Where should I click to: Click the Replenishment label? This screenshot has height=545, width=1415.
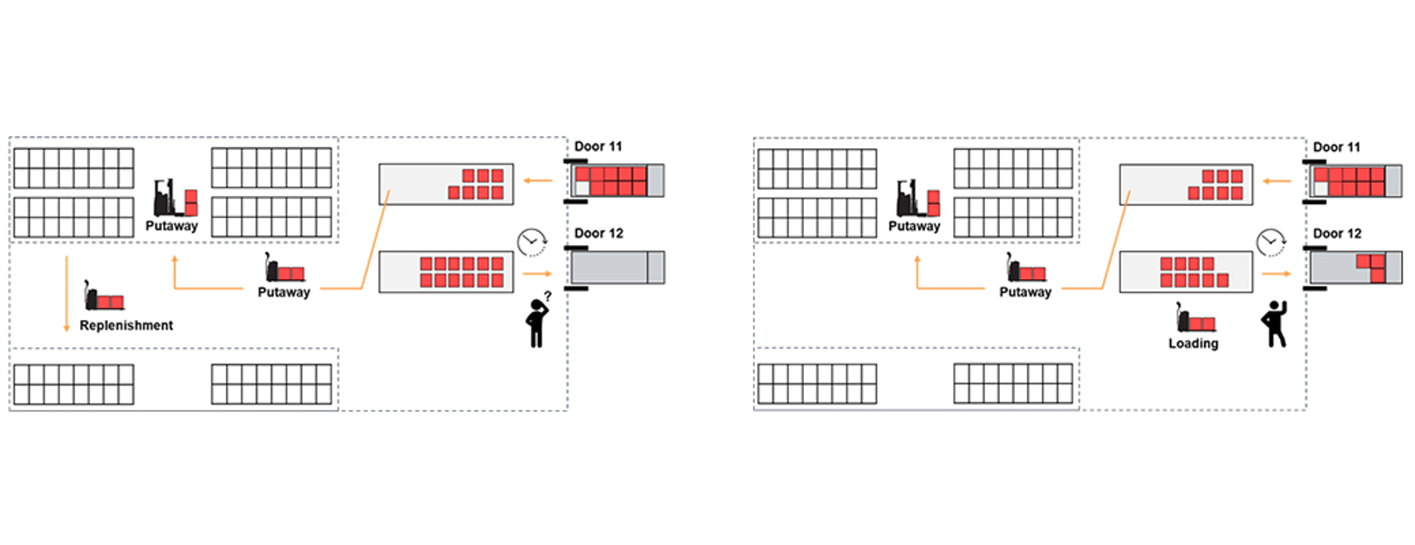coord(126,325)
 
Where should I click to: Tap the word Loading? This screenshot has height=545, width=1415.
coord(1193,344)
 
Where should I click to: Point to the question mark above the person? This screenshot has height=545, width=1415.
coord(548,296)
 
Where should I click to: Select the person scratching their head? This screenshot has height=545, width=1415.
coord(537,323)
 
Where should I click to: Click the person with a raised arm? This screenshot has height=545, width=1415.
coord(1275,324)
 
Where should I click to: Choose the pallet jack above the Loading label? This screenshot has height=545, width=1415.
coord(1195,319)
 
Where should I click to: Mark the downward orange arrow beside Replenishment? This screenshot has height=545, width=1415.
coord(66,294)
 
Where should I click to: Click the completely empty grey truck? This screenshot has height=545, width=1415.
coord(616,268)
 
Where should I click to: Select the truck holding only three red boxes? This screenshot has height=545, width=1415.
coord(1356,268)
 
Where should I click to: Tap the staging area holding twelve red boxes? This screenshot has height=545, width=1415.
coord(446,271)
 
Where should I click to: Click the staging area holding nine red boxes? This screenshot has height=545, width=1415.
coord(1186,271)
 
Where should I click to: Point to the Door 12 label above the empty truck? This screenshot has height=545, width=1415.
coord(599,234)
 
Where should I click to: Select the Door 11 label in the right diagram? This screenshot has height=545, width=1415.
coord(1337,147)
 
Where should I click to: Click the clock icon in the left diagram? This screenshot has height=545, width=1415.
coord(531,242)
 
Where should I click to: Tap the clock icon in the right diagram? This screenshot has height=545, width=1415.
coord(1270,242)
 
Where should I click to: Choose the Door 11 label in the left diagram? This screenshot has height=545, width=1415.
coord(598,146)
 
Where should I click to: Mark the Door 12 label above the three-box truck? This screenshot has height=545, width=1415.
coord(1337,234)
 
